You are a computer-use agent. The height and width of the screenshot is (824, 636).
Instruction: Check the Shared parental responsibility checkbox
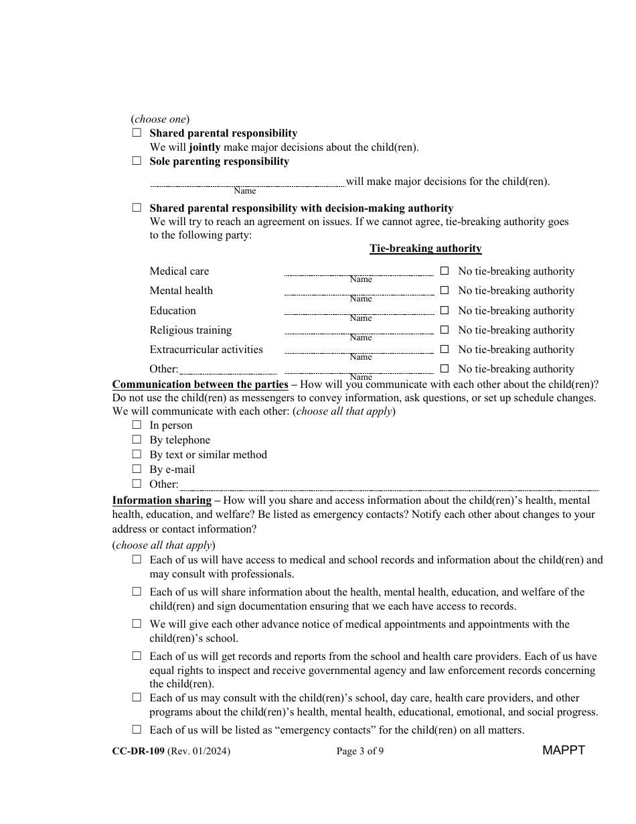point(137,133)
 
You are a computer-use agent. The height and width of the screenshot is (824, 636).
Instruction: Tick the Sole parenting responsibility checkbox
point(137,161)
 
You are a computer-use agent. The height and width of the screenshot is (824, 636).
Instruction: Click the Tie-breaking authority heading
point(425,249)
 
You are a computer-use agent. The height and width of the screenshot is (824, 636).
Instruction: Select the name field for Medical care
point(359,272)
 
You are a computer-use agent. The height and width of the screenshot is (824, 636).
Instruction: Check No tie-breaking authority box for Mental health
point(444,291)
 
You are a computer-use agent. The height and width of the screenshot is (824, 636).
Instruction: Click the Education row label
point(173,311)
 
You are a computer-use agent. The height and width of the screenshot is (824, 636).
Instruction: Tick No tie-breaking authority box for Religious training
point(444,330)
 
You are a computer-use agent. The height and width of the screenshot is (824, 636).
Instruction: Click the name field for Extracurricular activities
point(359,350)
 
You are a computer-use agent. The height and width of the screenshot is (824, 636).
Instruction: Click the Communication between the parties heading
point(200,385)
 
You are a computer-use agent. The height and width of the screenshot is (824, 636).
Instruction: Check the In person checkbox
point(137,425)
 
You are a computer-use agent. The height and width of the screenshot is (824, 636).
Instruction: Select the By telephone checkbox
point(137,439)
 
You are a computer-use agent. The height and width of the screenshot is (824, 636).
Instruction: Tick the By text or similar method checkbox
point(137,454)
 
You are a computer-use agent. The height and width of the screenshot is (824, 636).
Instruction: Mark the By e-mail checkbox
point(137,469)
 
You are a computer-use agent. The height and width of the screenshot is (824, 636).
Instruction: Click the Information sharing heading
point(161,500)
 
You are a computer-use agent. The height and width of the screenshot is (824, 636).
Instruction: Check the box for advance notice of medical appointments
point(137,624)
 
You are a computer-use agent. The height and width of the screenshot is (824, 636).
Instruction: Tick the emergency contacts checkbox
point(137,730)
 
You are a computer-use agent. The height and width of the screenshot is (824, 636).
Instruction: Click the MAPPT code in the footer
point(563,750)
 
